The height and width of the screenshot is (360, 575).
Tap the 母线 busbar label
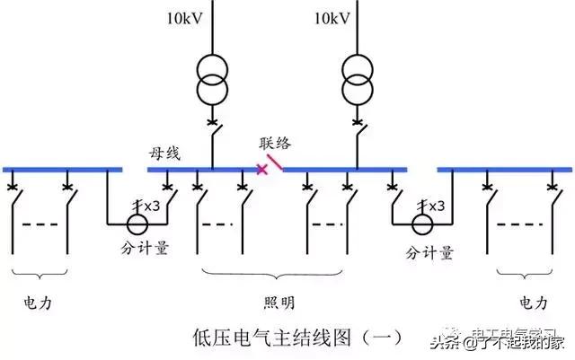coord(164,154)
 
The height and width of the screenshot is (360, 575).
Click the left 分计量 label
coord(146,249)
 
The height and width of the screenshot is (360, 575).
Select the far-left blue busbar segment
coord(62,169)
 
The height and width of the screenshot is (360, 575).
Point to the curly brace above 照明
coord(274,271)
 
